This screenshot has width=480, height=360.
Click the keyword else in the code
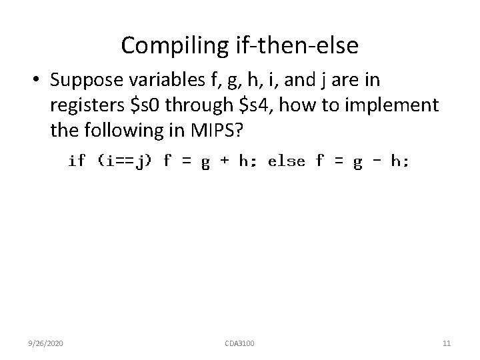(286, 161)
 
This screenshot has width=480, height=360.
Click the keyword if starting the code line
(77, 161)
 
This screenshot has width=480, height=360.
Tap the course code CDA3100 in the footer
(240, 343)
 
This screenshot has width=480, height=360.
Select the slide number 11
(447, 343)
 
